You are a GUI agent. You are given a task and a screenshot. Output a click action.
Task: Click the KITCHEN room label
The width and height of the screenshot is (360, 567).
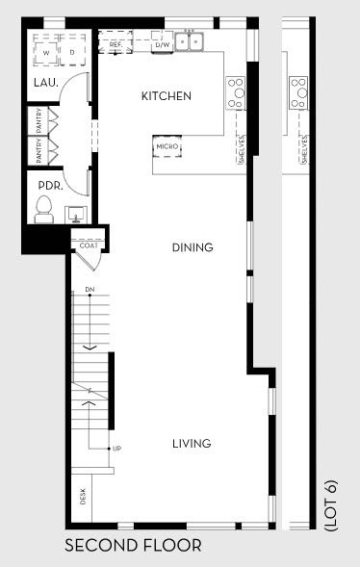click(167, 96)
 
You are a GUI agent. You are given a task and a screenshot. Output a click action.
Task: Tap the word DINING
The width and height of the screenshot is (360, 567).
click(193, 247)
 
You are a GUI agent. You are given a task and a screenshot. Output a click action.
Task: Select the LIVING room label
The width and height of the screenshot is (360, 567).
click(192, 444)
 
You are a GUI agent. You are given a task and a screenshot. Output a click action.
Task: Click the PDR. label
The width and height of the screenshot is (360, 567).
click(50, 186)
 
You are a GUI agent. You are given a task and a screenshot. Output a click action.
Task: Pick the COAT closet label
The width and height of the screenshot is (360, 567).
click(89, 245)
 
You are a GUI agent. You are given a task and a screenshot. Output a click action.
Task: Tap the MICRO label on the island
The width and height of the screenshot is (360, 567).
click(167, 147)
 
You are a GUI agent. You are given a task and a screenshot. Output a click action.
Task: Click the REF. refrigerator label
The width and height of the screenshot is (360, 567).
click(116, 44)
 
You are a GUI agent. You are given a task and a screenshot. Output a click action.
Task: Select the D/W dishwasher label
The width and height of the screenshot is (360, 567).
click(162, 44)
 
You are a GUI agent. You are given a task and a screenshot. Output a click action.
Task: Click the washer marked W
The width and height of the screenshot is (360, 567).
click(45, 52)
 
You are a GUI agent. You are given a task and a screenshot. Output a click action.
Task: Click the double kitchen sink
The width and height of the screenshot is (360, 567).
click(193, 42)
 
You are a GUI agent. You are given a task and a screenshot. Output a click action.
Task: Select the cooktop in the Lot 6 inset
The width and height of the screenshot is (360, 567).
click(298, 93)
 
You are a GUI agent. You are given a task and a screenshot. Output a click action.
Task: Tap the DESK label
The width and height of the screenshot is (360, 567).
click(83, 498)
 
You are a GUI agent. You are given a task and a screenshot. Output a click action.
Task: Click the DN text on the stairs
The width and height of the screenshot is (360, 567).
click(90, 289)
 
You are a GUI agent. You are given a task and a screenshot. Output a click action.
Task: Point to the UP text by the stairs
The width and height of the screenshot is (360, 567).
click(116, 449)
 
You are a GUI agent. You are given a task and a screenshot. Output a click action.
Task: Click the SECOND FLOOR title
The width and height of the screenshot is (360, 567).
click(133, 546)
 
